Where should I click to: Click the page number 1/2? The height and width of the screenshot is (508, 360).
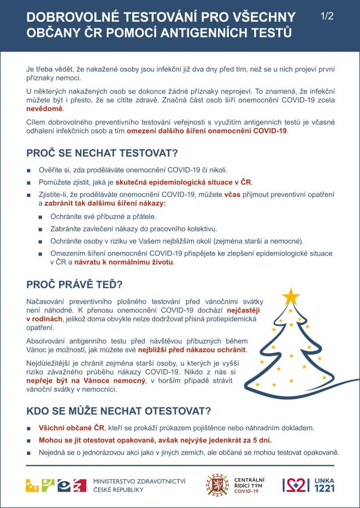click(327, 16)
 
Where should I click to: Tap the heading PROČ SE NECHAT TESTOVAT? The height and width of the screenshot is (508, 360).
click(102, 151)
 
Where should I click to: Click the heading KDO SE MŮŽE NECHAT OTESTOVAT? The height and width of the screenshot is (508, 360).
click(119, 411)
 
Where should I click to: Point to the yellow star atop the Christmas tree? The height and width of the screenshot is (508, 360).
click(291, 296)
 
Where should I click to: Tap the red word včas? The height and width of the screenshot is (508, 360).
click(232, 194)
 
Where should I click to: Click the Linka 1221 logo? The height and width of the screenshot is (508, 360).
click(308, 485)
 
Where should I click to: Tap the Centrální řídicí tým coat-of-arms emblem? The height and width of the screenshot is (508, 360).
click(217, 485)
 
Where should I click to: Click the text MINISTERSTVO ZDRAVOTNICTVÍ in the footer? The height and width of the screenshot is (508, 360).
click(140, 481)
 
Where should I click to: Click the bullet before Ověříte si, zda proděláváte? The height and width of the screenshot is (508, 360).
click(29, 170)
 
